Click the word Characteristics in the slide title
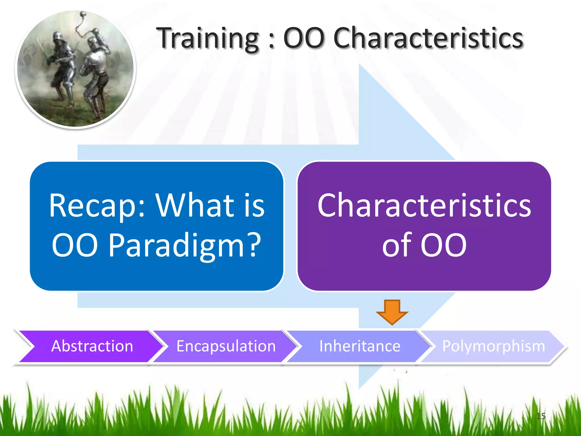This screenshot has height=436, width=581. pyautogui.click(x=428, y=38)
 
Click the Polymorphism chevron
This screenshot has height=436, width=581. pyautogui.click(x=493, y=346)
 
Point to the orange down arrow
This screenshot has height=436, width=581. pyautogui.click(x=392, y=312)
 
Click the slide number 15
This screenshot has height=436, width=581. pyautogui.click(x=541, y=416)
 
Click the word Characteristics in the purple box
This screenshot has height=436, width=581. pyautogui.click(x=424, y=206)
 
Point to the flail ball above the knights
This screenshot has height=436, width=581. pyautogui.click(x=83, y=14)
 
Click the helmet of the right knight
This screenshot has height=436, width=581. pyautogui.click(x=92, y=43)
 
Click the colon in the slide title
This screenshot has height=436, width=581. pyautogui.click(x=271, y=41)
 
